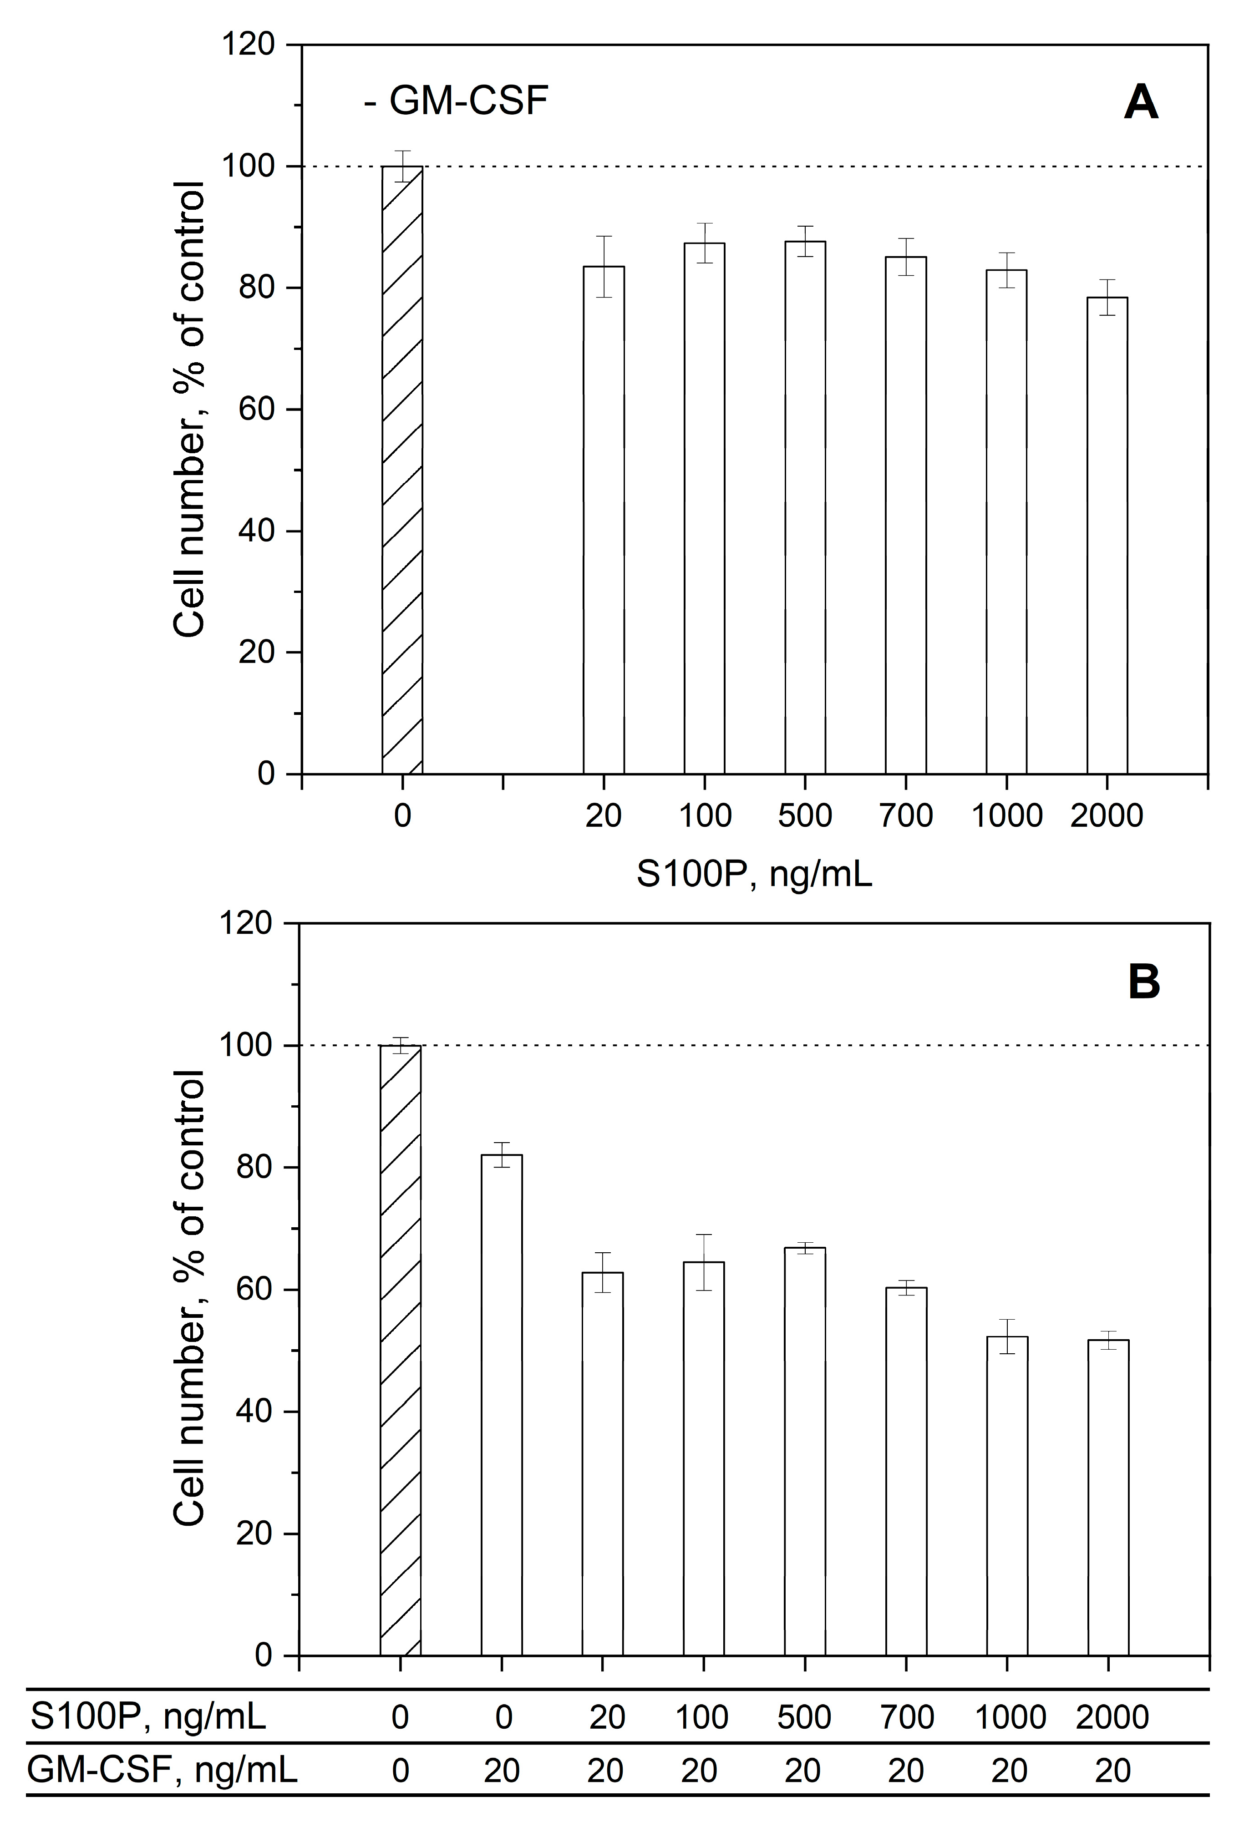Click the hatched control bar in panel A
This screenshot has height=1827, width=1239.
point(402,470)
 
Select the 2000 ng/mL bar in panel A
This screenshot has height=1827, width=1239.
point(1107,536)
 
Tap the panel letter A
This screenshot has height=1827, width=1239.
point(1141,102)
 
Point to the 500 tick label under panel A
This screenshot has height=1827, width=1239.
point(805,815)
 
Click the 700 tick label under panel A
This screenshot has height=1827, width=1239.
point(906,815)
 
